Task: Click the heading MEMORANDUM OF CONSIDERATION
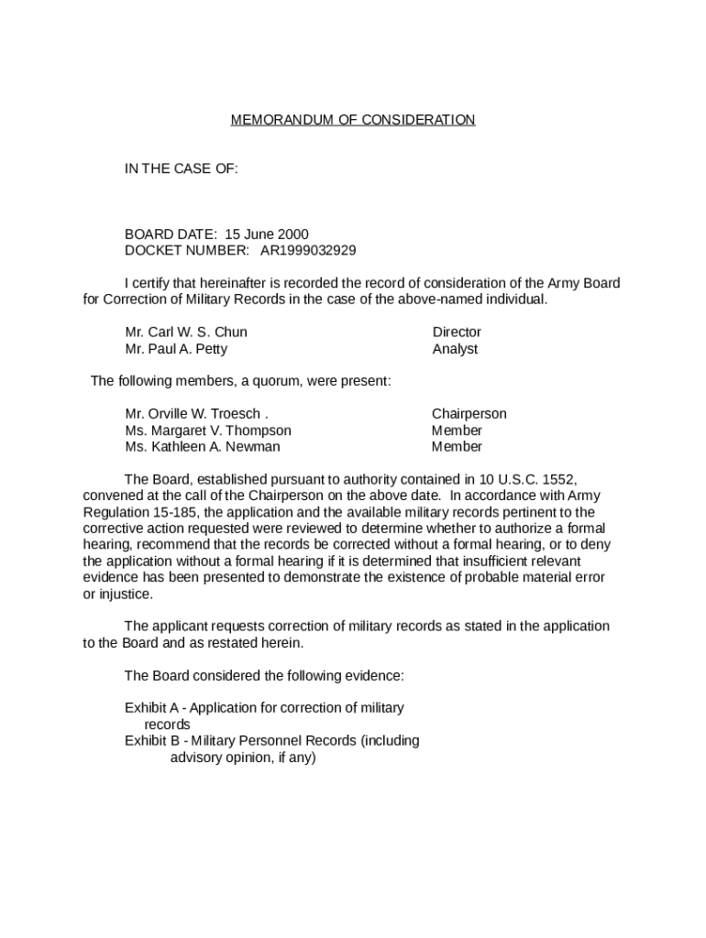point(352,120)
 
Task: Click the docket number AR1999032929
point(308,250)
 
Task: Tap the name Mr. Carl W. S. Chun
point(186,332)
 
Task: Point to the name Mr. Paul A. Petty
point(176,349)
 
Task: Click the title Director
point(457,332)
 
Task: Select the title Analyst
point(455,349)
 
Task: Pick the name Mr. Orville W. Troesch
point(195,414)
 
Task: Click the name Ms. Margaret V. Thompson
point(208,431)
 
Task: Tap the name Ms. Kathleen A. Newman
point(203,447)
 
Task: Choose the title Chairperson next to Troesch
point(469,414)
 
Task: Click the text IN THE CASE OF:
point(182,169)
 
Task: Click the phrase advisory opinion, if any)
point(243,758)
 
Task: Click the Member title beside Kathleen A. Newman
point(457,447)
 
